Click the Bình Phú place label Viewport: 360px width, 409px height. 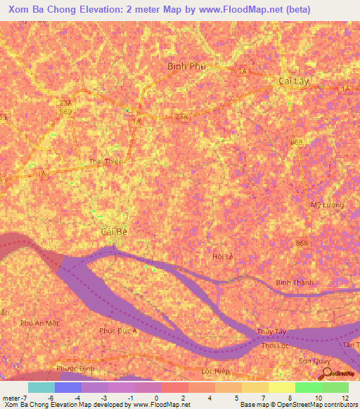186,66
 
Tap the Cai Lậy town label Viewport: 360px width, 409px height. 290,81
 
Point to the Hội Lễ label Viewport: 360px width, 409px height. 222,257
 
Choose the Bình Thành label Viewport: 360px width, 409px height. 292,283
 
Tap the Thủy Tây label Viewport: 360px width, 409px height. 270,332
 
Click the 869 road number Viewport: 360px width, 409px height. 65,112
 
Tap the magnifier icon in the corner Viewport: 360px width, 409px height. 325,372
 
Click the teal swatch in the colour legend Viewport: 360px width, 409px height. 41,387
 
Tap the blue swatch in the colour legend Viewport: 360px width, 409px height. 68,387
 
